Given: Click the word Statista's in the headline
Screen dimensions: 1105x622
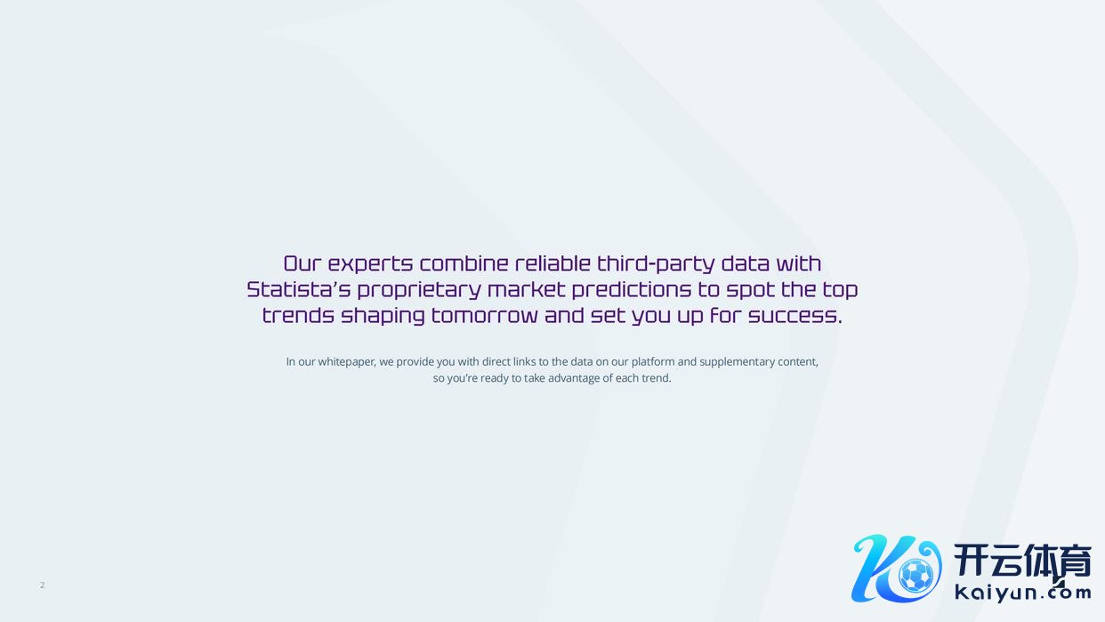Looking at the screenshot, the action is click(298, 289).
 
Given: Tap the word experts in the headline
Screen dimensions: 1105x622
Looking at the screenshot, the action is click(370, 264).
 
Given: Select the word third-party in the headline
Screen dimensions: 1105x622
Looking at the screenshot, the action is click(656, 264).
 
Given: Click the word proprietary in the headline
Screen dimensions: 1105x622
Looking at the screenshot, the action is click(419, 290).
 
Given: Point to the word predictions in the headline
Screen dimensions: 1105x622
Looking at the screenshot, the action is click(632, 289).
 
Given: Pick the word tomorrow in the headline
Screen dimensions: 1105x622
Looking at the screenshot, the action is click(484, 316).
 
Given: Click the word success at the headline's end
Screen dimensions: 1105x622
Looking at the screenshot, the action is click(794, 316).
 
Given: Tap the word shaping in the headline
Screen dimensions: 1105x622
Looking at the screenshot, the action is click(383, 316).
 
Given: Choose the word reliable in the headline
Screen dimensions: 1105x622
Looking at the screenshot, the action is click(553, 263).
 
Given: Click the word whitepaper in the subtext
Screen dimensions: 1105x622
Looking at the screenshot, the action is click(347, 362).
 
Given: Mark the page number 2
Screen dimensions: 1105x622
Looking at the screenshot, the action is click(43, 585).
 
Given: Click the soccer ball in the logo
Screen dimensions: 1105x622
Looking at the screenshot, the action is click(915, 575).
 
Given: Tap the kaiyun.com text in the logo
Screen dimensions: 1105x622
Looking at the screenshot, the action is click(1022, 593).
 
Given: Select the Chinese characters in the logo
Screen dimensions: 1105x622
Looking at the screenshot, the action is click(1022, 561).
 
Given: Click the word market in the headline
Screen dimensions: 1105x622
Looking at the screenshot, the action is click(527, 289).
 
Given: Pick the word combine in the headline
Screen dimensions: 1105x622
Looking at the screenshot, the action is click(464, 263).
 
